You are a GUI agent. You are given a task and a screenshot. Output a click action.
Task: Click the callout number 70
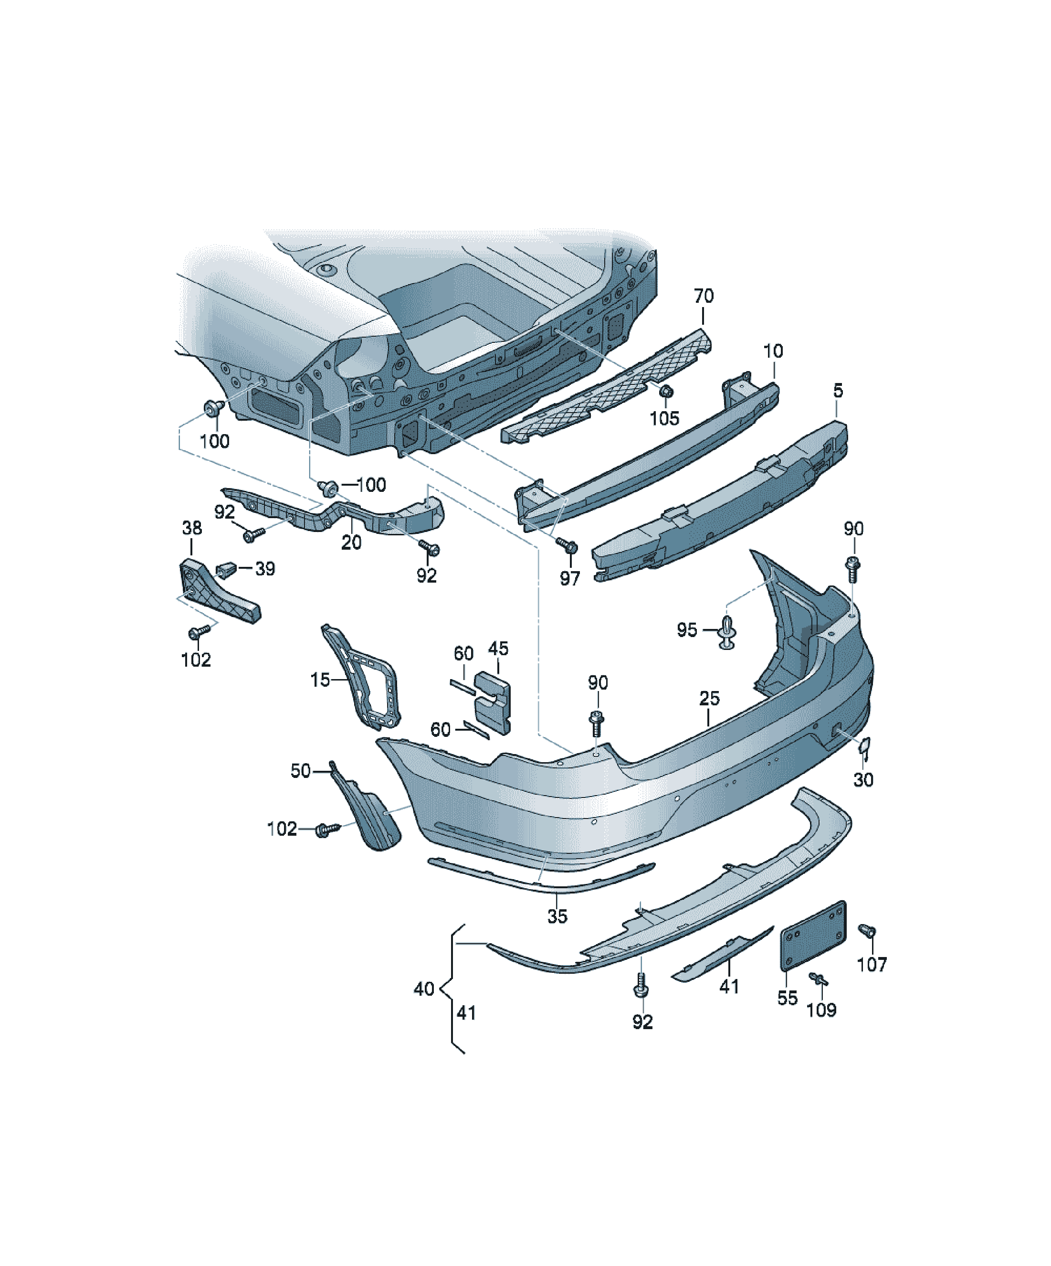point(703,296)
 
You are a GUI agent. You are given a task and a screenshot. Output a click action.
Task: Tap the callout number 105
point(664,418)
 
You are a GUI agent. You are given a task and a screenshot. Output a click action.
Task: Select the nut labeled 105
point(666,392)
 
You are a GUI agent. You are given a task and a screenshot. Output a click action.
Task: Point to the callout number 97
point(569,579)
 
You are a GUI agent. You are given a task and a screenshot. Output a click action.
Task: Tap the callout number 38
point(192,528)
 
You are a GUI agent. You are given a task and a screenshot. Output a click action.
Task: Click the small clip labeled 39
point(225,568)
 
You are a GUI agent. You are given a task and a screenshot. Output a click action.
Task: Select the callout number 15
point(320,680)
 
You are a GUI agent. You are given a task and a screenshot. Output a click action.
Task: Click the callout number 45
point(498,649)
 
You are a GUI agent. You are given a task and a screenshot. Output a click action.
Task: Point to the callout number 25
point(709,699)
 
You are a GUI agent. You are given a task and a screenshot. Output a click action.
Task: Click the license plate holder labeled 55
point(814,936)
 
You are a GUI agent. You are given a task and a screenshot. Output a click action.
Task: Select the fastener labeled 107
point(867,931)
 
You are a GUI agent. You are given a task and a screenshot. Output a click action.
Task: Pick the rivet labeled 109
point(819,979)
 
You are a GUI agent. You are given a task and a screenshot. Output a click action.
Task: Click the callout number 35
point(557,916)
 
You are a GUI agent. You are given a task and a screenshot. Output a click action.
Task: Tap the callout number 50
point(301,771)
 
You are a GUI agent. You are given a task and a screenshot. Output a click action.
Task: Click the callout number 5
point(838,391)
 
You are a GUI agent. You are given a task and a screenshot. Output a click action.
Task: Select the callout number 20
point(351,543)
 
